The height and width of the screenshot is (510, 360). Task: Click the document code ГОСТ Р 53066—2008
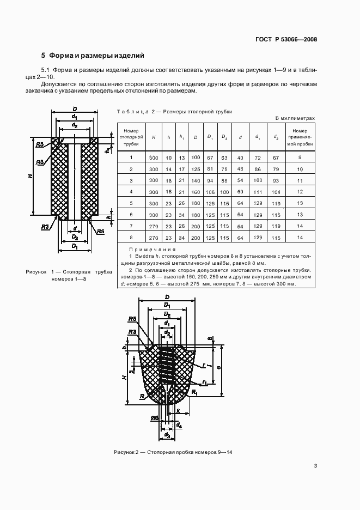click(x=287, y=39)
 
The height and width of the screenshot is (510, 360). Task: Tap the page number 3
click(x=315, y=465)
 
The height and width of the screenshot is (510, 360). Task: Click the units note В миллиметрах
click(x=295, y=118)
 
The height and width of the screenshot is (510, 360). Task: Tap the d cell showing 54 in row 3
click(x=240, y=180)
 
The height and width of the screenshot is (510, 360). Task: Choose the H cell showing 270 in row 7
click(x=154, y=226)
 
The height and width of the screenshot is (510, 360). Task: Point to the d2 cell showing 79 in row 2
click(x=276, y=169)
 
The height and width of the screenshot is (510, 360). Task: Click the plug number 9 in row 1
click(x=300, y=157)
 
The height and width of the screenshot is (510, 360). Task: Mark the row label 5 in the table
click(x=131, y=203)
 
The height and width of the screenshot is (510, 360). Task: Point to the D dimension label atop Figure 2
click(x=167, y=297)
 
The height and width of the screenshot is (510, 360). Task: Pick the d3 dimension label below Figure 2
click(x=167, y=435)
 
